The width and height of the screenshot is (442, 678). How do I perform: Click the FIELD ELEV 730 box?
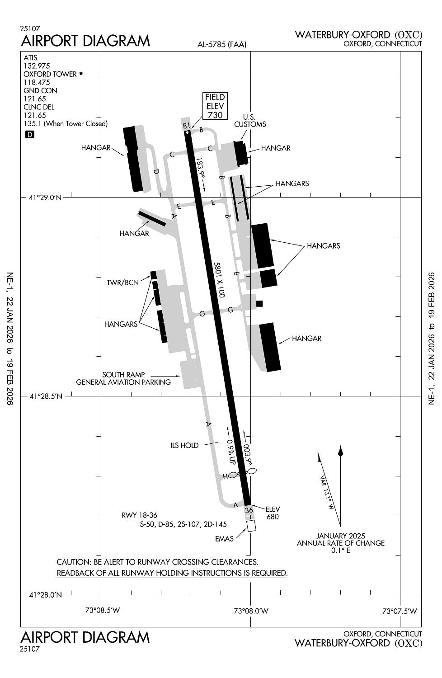[215, 106]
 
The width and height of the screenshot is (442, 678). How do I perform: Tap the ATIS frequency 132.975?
[37, 66]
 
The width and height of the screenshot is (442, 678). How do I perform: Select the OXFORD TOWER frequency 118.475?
[37, 82]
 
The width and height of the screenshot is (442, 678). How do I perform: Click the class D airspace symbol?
[30, 134]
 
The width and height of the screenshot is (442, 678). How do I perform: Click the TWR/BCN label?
[122, 283]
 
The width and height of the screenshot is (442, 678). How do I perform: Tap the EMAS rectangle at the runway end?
[251, 526]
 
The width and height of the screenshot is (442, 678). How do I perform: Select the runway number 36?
[249, 510]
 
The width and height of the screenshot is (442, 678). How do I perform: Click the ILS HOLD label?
[184, 446]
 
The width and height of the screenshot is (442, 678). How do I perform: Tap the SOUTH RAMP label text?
[123, 375]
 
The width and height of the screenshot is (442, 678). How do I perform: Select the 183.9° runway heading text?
[200, 169]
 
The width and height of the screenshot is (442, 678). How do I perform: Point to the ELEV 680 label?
[273, 513]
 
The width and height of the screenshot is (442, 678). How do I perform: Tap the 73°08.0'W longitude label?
[251, 611]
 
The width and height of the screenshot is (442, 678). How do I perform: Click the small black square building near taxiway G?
[259, 303]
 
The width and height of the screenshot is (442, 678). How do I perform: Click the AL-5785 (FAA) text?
[221, 44]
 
